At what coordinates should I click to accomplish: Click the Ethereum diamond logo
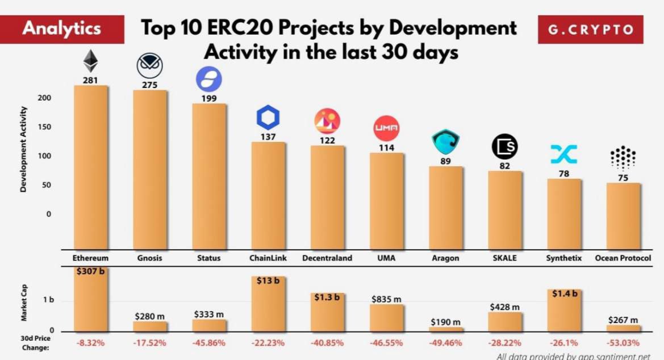pyautogui.click(x=90, y=61)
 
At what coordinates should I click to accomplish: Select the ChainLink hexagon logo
pyautogui.click(x=268, y=118)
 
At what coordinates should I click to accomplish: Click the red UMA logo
pyautogui.click(x=386, y=128)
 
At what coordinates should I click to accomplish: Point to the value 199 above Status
pyautogui.click(x=208, y=99)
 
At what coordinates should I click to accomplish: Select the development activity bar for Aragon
pyautogui.click(x=445, y=207)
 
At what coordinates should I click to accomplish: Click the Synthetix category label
pyautogui.click(x=564, y=258)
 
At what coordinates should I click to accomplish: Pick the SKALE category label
pyautogui.click(x=504, y=258)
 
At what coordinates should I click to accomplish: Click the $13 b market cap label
pyautogui.click(x=268, y=280)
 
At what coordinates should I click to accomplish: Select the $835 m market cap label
pyautogui.click(x=386, y=299)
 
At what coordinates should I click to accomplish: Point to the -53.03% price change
pyautogui.click(x=623, y=343)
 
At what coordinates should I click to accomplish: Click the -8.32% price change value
pyautogui.click(x=90, y=343)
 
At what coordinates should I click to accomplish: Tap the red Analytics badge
pyautogui.click(x=62, y=29)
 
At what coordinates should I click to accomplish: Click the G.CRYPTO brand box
pyautogui.click(x=591, y=30)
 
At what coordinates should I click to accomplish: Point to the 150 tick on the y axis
pyautogui.click(x=45, y=127)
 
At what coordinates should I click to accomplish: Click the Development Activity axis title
pyautogui.click(x=23, y=149)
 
